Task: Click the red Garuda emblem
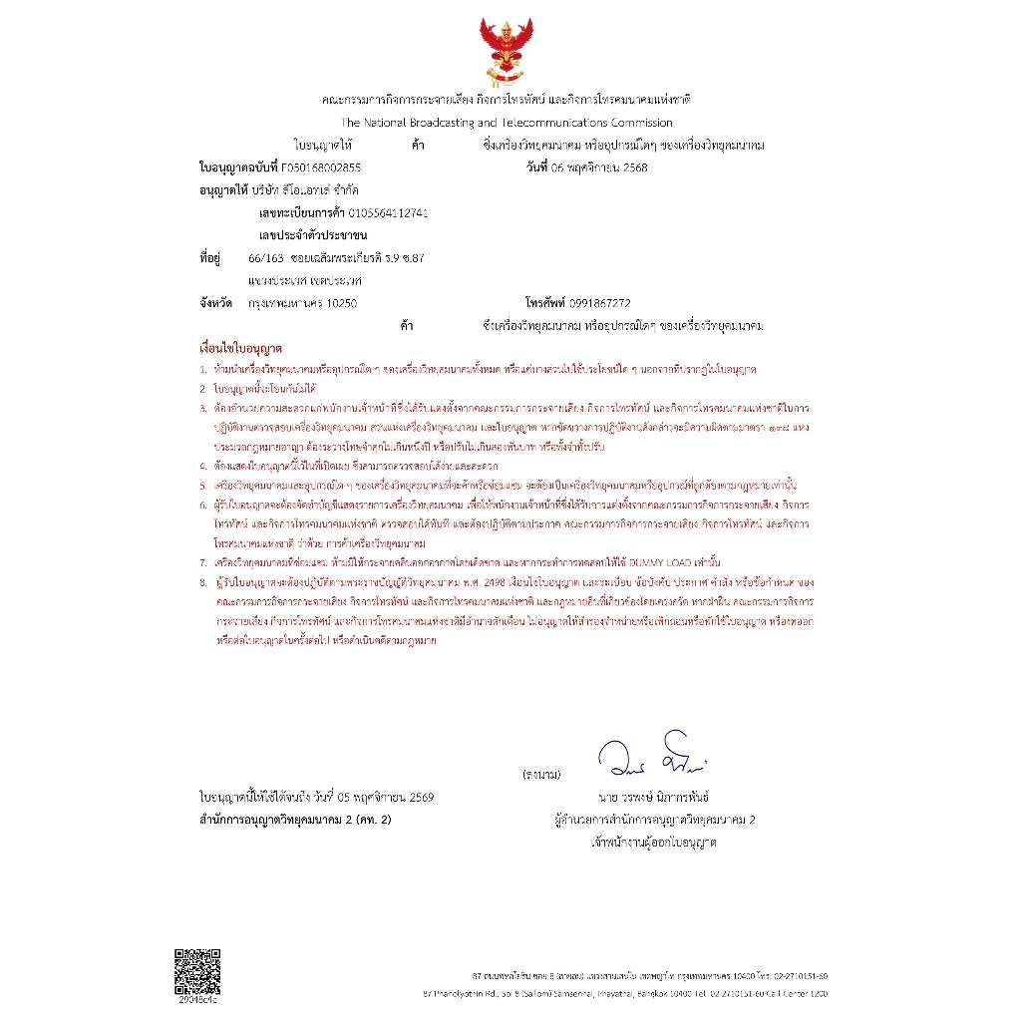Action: click(507, 52)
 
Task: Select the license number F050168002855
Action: click(321, 168)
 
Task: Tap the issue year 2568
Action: click(634, 168)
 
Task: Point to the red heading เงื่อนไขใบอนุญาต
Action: click(241, 351)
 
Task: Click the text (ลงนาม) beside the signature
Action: click(542, 775)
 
